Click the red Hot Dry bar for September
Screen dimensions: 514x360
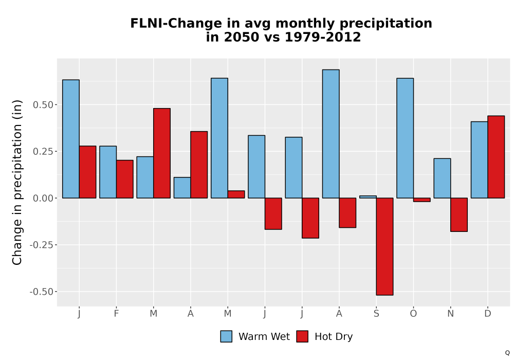pyautogui.click(x=384, y=246)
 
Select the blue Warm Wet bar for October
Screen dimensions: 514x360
pyautogui.click(x=405, y=138)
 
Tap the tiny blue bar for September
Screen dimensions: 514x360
pyautogui.click(x=368, y=197)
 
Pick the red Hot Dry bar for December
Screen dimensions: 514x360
pyautogui.click(x=496, y=157)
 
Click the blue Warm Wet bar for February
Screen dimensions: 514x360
pyautogui.click(x=108, y=172)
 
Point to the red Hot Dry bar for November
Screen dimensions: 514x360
pyautogui.click(x=459, y=215)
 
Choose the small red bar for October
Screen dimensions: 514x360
pyautogui.click(x=421, y=200)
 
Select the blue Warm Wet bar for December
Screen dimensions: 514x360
pyautogui.click(x=479, y=159)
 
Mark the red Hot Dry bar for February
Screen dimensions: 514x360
pyautogui.click(x=124, y=179)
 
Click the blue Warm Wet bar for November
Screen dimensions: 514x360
pyautogui.click(x=442, y=178)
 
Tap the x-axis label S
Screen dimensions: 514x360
pyautogui.click(x=376, y=314)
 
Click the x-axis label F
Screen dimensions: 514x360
pyautogui.click(x=116, y=314)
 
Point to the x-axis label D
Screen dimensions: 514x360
pyautogui.click(x=488, y=314)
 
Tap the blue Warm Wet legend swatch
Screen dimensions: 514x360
pyautogui.click(x=226, y=336)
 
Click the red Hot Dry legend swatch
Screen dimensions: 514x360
pyautogui.click(x=302, y=336)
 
